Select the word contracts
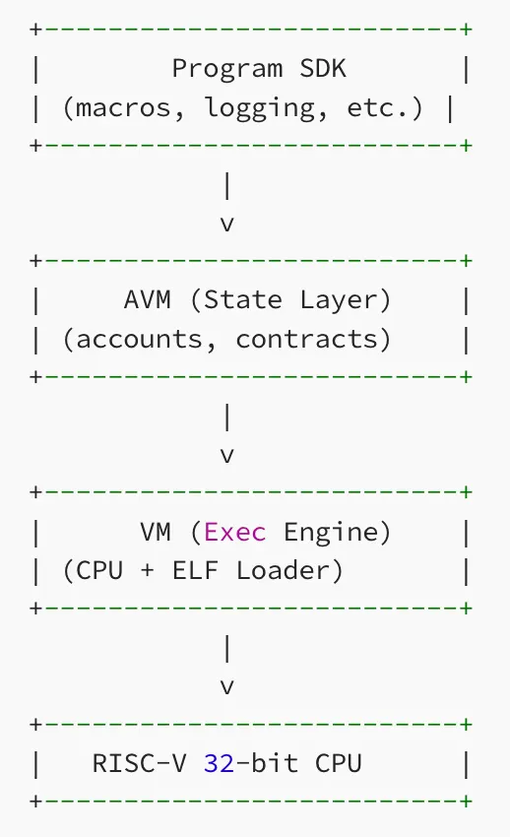[312, 340]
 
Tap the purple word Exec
[235, 533]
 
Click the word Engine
[337, 533]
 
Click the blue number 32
[220, 763]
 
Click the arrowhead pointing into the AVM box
[227, 225]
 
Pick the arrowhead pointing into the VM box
[227, 457]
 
